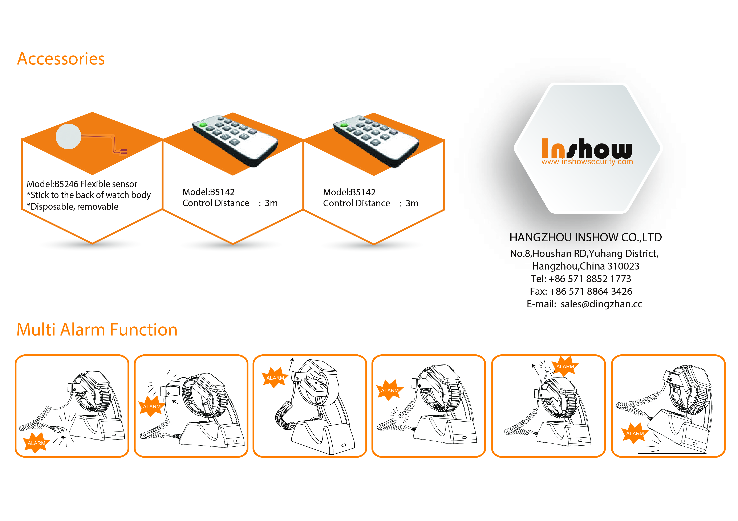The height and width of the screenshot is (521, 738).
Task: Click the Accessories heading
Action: click(61, 59)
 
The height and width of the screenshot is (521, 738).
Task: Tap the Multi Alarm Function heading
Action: click(97, 330)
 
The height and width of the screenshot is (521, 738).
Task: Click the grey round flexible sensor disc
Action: click(68, 136)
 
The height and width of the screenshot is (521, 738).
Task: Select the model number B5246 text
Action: click(66, 184)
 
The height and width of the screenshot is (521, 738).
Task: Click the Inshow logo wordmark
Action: click(587, 148)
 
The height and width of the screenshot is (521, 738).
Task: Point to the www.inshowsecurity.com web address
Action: click(587, 162)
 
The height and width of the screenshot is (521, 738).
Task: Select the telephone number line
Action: click(581, 279)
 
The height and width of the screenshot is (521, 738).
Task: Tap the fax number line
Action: click(581, 291)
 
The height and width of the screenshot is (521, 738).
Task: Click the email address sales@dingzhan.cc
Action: click(601, 304)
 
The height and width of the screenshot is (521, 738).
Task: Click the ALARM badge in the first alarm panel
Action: click(36, 443)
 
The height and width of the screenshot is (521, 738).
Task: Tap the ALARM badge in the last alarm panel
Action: click(635, 433)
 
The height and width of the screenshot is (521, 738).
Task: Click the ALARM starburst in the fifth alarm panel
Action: click(565, 366)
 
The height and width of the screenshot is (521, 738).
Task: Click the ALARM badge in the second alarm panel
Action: click(152, 406)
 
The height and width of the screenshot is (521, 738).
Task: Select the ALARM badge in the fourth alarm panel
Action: click(390, 390)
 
